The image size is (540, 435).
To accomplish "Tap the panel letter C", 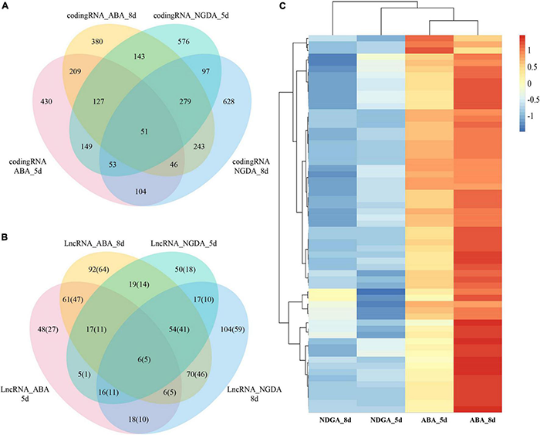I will tap(282, 7).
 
